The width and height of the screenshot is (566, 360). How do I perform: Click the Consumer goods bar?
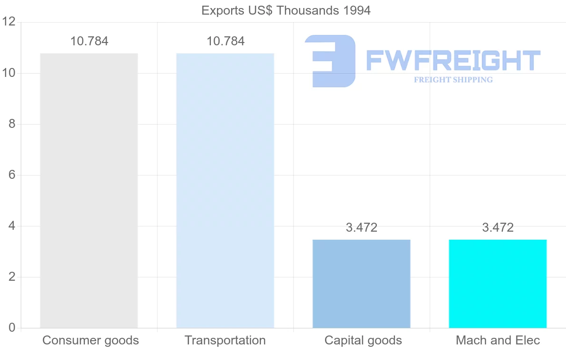[x=89, y=191]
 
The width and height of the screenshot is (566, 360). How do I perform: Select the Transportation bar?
[x=225, y=191]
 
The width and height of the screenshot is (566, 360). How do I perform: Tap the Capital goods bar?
[x=361, y=284]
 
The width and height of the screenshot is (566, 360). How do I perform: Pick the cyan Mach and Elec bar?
[x=498, y=284]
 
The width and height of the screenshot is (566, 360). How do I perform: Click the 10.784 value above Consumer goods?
[x=89, y=41]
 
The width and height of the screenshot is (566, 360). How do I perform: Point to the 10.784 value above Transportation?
[x=225, y=41]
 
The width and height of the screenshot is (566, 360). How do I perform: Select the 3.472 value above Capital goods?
[x=361, y=227]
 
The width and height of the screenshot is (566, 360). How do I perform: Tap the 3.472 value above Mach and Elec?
[x=498, y=227]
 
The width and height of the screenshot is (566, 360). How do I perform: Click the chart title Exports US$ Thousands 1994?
[x=286, y=10]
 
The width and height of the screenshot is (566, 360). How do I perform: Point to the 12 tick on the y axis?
[x=9, y=22]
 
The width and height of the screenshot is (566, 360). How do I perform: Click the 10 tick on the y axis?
[x=9, y=73]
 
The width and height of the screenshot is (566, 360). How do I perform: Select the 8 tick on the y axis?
[x=12, y=124]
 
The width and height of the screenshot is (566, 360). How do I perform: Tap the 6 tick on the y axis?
[x=12, y=175]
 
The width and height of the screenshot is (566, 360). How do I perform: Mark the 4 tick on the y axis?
[x=12, y=226]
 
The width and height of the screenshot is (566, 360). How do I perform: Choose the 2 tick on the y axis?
[x=12, y=277]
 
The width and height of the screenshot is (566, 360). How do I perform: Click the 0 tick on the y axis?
[x=12, y=328]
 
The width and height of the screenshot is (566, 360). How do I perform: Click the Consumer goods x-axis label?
[x=91, y=340]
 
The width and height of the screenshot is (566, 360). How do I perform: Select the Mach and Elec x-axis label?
[x=498, y=340]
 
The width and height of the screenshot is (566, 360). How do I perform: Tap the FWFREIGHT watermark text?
[x=453, y=60]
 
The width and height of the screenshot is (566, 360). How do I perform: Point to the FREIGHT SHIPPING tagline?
[x=453, y=80]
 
